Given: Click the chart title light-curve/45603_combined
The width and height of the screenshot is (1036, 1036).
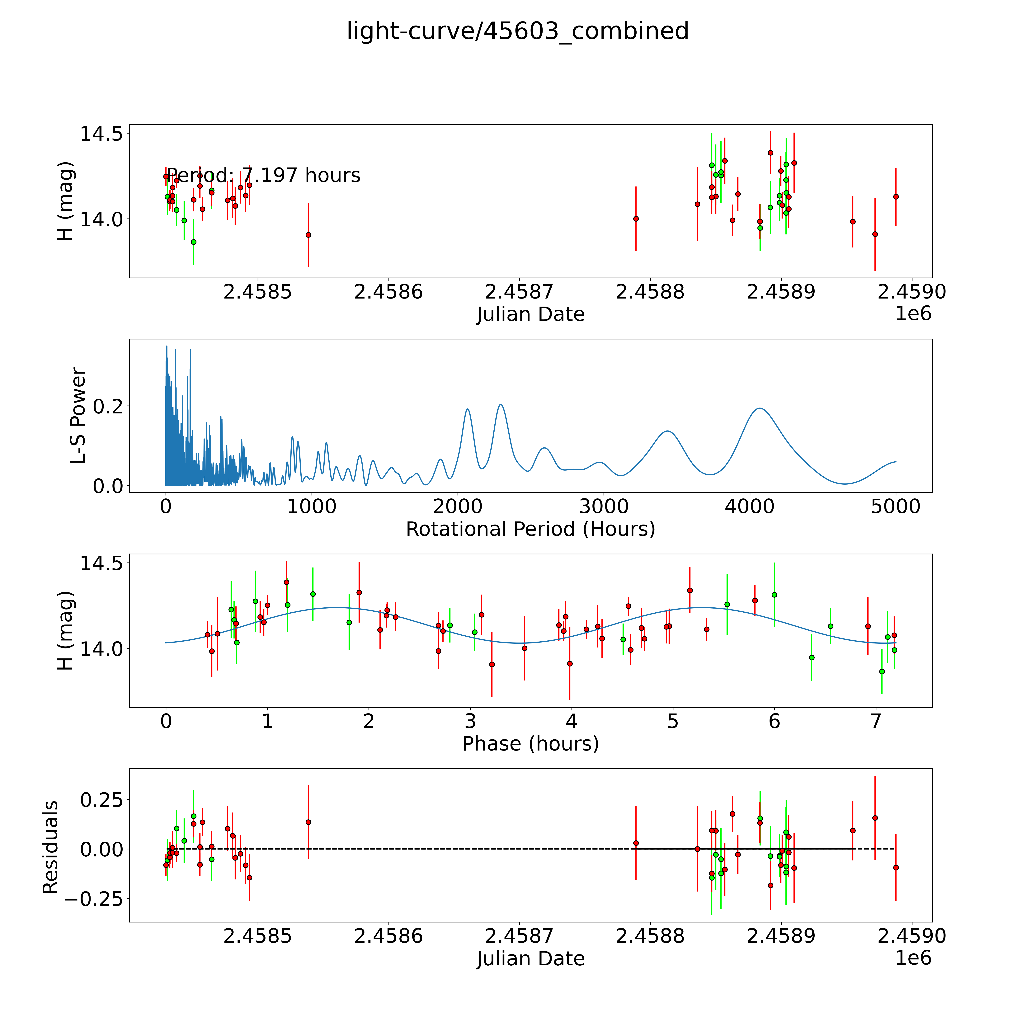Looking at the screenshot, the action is (517, 31).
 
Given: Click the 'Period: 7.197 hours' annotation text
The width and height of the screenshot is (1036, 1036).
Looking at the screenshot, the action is (263, 175).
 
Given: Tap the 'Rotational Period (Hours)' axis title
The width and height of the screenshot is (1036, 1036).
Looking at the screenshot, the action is (530, 529).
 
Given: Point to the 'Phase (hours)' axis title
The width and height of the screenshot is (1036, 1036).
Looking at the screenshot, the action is (530, 744).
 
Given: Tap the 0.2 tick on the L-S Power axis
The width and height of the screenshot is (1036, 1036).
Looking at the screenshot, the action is (108, 406).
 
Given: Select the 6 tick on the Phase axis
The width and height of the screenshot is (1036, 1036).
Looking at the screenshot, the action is (774, 721).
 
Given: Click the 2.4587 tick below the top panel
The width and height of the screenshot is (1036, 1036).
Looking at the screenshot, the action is (519, 292).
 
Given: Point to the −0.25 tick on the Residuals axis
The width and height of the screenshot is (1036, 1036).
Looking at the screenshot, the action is (93, 899).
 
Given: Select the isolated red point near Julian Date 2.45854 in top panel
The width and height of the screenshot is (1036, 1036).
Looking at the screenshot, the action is (308, 235).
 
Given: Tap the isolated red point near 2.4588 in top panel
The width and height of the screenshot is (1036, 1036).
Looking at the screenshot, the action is (636, 219).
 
